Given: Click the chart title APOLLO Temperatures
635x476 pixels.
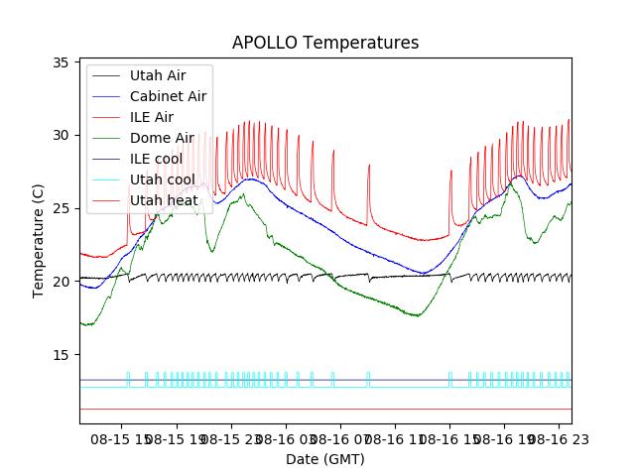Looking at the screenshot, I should pyautogui.click(x=325, y=43).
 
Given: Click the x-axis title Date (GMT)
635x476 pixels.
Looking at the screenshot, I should pyautogui.click(x=325, y=459).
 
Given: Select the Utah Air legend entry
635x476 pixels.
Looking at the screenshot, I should pyautogui.click(x=157, y=74).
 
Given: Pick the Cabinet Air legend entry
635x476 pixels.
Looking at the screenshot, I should pyautogui.click(x=168, y=95).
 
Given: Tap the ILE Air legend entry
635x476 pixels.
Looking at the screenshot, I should pyautogui.click(x=151, y=116).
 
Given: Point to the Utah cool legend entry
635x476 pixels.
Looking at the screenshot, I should pyautogui.click(x=162, y=179).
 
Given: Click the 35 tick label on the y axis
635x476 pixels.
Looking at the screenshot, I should pyautogui.click(x=61, y=61).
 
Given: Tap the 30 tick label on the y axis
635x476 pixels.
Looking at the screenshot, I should pyautogui.click(x=61, y=135).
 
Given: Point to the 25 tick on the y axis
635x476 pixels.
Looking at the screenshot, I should pyautogui.click(x=61, y=208).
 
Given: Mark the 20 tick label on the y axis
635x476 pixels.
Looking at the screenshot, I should pyautogui.click(x=61, y=282).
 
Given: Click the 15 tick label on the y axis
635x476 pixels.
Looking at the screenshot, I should pyautogui.click(x=61, y=355).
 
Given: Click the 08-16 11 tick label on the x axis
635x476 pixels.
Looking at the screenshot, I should pyautogui.click(x=392, y=438).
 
